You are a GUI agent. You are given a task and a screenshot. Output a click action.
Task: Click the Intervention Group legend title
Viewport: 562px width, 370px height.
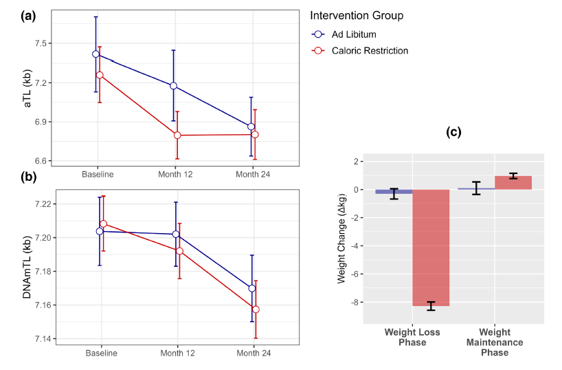pyautogui.click(x=356, y=15)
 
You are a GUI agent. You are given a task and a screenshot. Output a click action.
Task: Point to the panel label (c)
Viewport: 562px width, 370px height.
pyautogui.click(x=454, y=131)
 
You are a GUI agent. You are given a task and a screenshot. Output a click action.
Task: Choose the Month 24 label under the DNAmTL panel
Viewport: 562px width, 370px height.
pyautogui.click(x=253, y=353)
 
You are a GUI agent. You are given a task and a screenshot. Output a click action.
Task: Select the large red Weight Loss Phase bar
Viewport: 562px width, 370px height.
pyautogui.click(x=431, y=248)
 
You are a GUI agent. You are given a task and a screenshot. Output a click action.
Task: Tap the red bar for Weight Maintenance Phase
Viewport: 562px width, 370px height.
pyautogui.click(x=513, y=183)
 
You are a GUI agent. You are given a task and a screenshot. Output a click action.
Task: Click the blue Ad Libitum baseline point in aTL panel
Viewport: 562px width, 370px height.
pyautogui.click(x=96, y=54)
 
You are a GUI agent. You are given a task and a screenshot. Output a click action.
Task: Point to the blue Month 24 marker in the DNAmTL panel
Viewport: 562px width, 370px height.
pyautogui.click(x=252, y=288)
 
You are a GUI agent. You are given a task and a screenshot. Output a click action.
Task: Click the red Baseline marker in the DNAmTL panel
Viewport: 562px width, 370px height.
pyautogui.click(x=104, y=224)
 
